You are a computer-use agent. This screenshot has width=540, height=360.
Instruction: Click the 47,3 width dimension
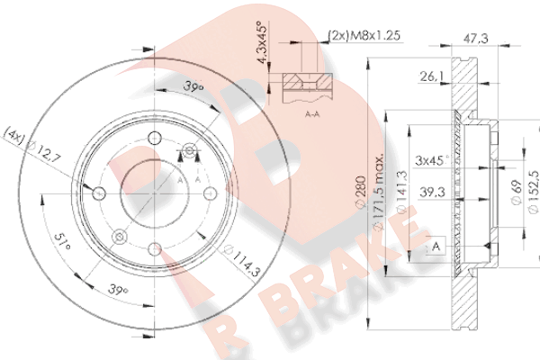pyautogui.click(x=475, y=38)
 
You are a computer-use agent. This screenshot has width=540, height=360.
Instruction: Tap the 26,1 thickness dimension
pyautogui.click(x=431, y=76)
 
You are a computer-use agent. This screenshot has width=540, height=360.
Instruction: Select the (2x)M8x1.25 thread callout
pyautogui.click(x=364, y=35)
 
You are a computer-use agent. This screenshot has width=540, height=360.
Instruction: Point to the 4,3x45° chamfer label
pyautogui.click(x=262, y=42)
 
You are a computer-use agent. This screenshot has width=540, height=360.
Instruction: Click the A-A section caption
pyautogui.click(x=312, y=113)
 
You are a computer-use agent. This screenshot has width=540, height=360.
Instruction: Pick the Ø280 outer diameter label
pyautogui.click(x=361, y=193)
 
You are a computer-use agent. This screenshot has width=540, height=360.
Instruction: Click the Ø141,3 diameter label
pyautogui.click(x=402, y=193)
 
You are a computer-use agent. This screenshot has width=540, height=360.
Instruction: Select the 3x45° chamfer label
pyautogui.click(x=432, y=160)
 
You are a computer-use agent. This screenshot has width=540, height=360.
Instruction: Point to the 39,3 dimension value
pyautogui.click(x=432, y=192)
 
